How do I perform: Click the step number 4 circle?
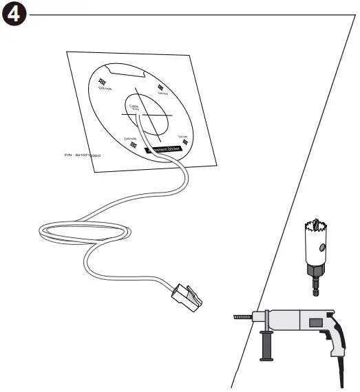coord(14,14)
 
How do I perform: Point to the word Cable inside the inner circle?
coord(133,106)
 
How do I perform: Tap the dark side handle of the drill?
coord(264,344)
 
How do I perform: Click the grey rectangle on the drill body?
coord(316,322)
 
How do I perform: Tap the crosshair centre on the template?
coord(143,115)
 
